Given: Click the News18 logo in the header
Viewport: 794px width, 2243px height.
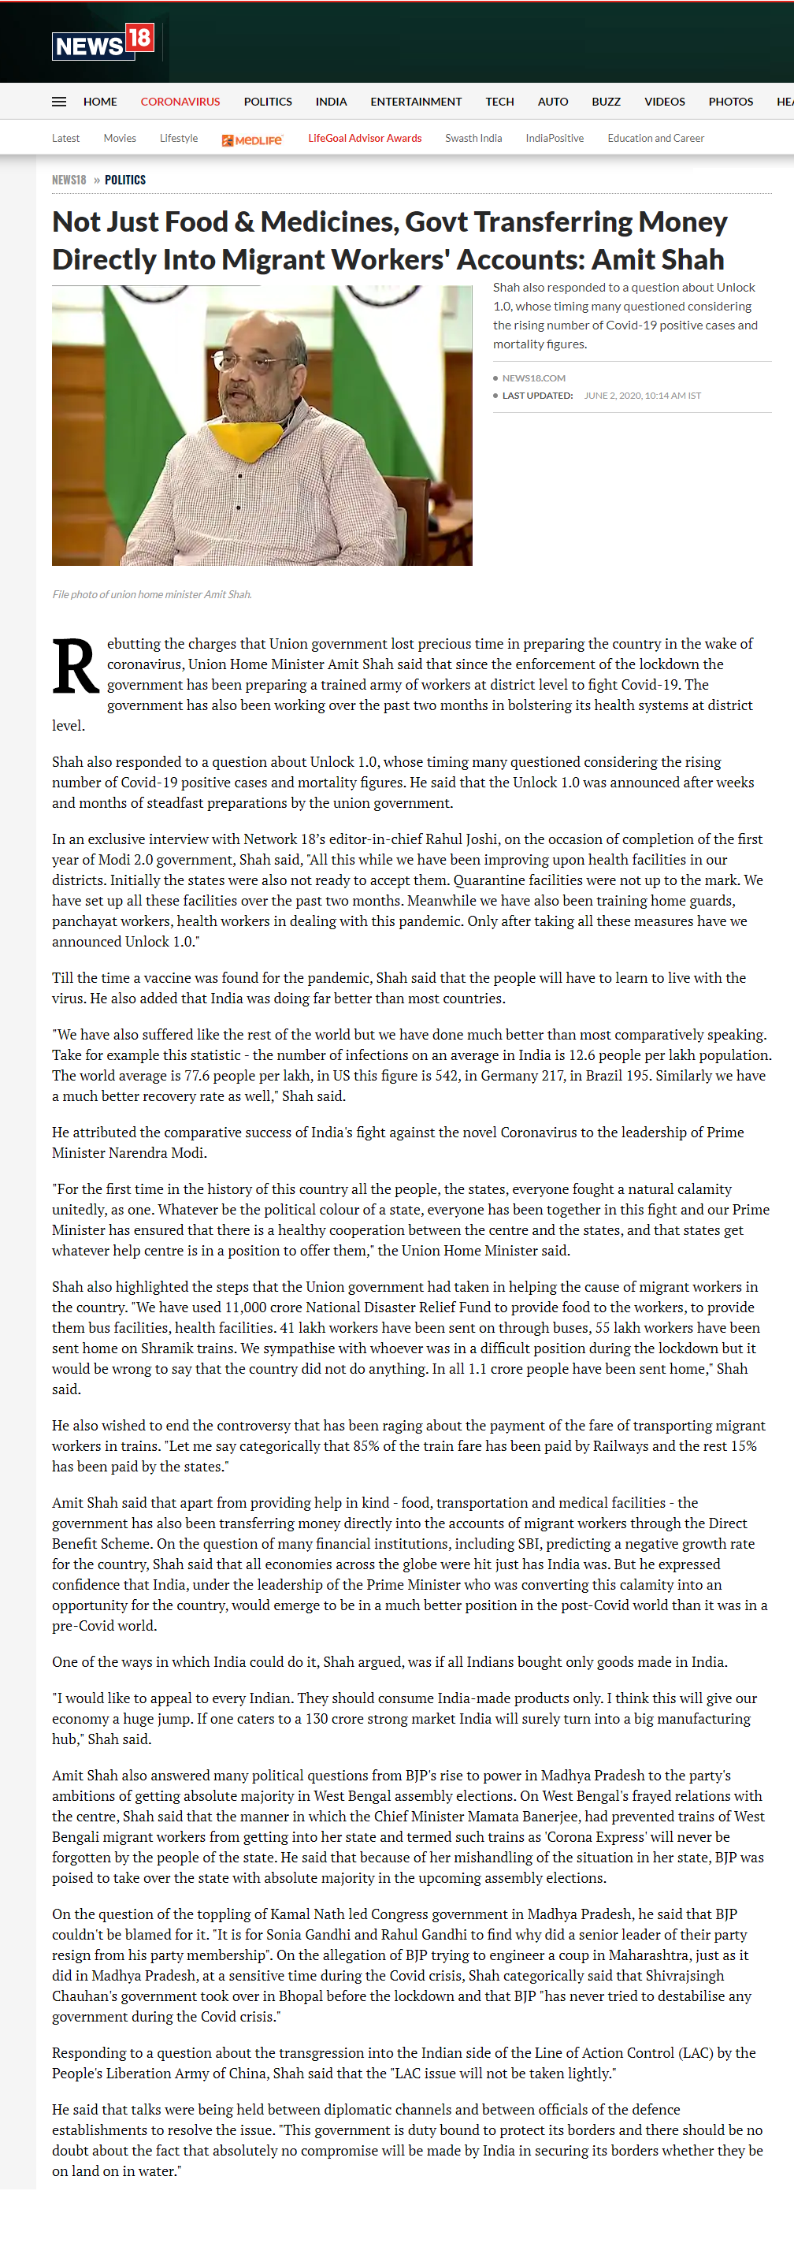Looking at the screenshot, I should tap(102, 42).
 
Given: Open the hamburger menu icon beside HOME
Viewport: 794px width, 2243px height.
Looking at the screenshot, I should tap(59, 102).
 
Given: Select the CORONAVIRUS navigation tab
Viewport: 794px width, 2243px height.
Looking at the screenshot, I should tap(180, 102).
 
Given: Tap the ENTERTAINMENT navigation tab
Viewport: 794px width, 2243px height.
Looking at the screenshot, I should tap(415, 102).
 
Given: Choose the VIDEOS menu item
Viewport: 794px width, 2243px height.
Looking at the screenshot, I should tap(664, 102).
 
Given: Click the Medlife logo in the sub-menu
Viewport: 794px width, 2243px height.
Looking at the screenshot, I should tap(253, 139).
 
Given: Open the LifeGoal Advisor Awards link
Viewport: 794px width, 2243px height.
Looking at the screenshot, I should tap(365, 139).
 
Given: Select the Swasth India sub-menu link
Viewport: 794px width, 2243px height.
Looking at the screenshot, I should tap(473, 139).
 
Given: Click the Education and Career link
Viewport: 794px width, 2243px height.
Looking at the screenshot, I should tap(655, 139).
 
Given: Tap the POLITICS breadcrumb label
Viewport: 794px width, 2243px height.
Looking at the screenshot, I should tap(125, 180).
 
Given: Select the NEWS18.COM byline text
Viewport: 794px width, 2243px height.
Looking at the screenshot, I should tap(534, 378).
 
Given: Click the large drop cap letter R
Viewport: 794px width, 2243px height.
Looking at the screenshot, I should tap(75, 667).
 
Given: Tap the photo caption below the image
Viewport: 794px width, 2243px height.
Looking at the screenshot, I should tap(152, 595).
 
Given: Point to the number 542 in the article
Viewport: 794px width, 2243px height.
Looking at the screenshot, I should tap(447, 1077).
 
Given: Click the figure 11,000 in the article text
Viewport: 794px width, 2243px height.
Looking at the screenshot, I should tap(246, 1307).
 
